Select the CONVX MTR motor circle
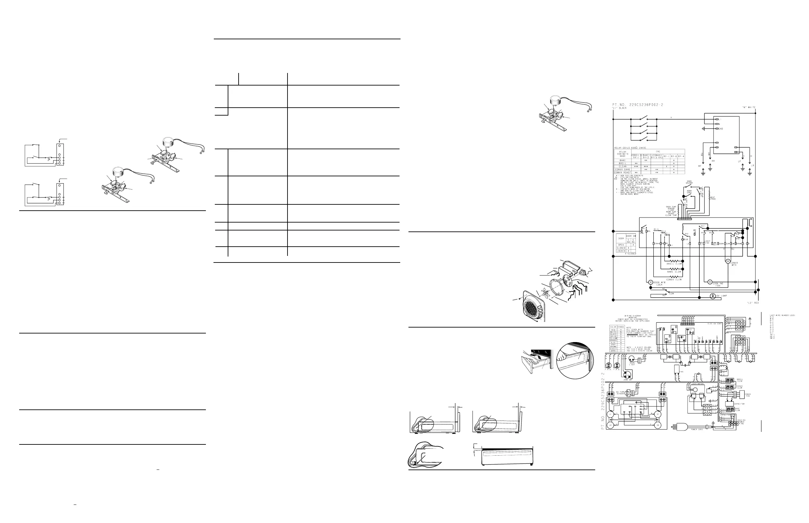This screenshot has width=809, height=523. point(728,261)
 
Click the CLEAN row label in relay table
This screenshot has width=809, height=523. point(622,166)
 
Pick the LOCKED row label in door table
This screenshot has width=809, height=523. point(621,251)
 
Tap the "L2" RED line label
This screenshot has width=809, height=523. point(752,302)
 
